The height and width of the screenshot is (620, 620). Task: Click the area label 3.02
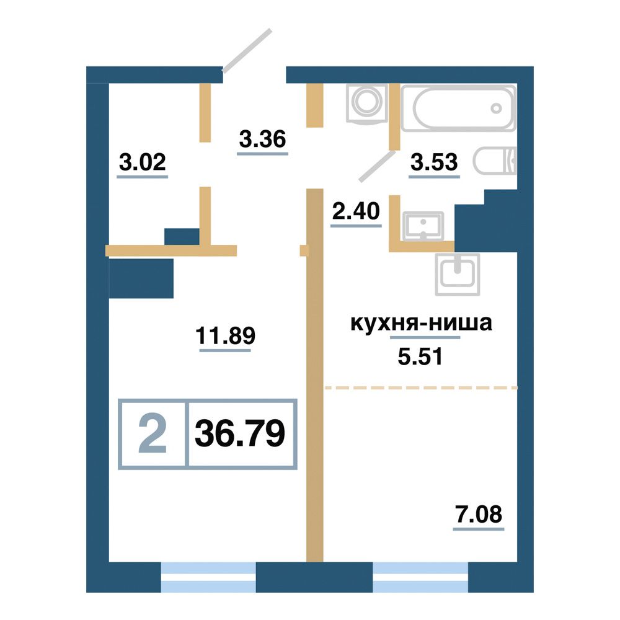click(143, 162)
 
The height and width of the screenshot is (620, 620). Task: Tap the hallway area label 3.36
click(262, 139)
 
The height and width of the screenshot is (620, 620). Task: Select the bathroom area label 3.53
click(434, 162)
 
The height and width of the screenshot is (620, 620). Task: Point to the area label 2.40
click(356, 211)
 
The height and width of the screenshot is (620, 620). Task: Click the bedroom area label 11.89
click(226, 335)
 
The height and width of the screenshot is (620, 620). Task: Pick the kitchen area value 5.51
click(420, 357)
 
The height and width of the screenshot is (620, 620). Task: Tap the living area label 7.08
click(479, 514)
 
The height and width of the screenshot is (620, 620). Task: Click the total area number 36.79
click(240, 433)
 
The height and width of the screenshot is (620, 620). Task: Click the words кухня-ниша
click(422, 323)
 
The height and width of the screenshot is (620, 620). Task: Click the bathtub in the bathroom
click(459, 107)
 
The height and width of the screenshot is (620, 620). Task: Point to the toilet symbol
click(495, 161)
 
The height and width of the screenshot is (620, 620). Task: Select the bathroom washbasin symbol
click(423, 226)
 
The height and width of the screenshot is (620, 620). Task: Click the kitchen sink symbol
click(458, 275)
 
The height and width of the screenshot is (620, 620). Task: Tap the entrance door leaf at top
click(247, 51)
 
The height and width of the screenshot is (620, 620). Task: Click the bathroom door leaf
click(377, 166)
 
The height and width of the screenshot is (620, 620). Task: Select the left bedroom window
click(208, 577)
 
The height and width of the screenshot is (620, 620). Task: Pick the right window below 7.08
click(420, 577)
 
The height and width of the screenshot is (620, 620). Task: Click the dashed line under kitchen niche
click(421, 388)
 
